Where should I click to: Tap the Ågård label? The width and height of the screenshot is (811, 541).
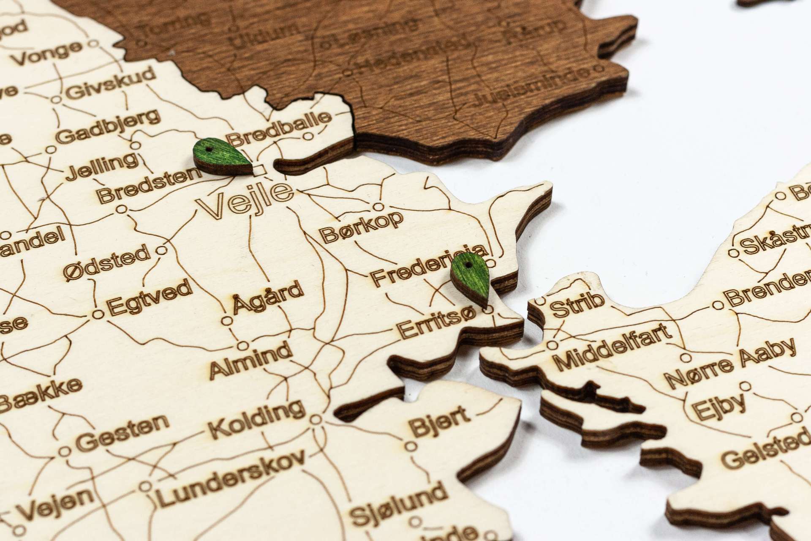(268, 297)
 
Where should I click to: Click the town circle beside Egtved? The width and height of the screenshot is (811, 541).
(98, 314)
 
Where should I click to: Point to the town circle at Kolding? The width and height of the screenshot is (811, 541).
(315, 420)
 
